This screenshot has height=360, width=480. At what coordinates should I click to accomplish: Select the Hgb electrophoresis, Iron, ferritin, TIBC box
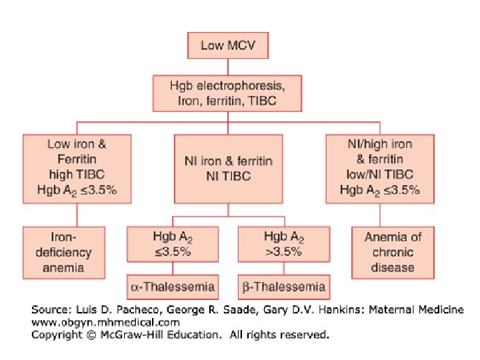tap(229, 93)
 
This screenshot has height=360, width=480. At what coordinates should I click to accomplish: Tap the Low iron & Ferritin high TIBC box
tap(77, 170)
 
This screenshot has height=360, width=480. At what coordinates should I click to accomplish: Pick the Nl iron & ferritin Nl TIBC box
tap(229, 170)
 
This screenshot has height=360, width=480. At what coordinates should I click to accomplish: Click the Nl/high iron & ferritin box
tap(380, 170)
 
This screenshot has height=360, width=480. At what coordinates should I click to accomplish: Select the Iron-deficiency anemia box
tap(64, 253)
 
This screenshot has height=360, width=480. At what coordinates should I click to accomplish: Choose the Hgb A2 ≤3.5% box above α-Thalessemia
tap(172, 243)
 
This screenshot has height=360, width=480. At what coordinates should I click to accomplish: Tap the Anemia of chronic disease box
tap(393, 253)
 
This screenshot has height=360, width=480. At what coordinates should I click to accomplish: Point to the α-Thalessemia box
tap(172, 287)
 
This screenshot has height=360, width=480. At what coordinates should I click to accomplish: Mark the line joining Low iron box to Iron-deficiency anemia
tap(77, 215)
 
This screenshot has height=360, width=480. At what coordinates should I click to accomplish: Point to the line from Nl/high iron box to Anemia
tap(380, 215)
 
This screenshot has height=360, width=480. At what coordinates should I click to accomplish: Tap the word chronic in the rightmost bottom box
tap(393, 253)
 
